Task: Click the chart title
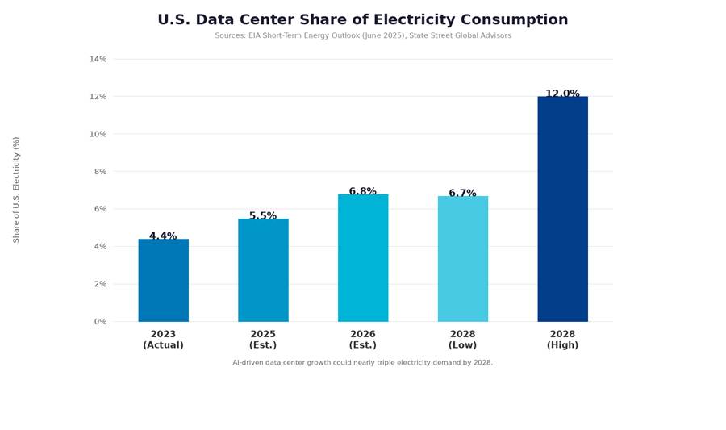(363, 20)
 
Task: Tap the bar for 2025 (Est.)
(263, 270)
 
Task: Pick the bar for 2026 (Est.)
(363, 258)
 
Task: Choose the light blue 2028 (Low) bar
(463, 259)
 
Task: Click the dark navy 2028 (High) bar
(563, 209)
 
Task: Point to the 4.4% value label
(163, 236)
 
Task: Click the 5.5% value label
(263, 216)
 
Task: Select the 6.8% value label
(363, 192)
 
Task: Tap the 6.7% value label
(463, 194)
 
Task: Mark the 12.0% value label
(563, 94)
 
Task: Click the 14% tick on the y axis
(98, 59)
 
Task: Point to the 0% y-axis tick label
(100, 322)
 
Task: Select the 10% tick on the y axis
(98, 134)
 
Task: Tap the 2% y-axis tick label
(100, 284)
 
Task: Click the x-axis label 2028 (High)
(563, 340)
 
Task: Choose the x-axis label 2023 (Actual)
(163, 340)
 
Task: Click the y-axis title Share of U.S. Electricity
(16, 190)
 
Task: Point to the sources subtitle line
(363, 35)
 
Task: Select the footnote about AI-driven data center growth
(363, 363)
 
